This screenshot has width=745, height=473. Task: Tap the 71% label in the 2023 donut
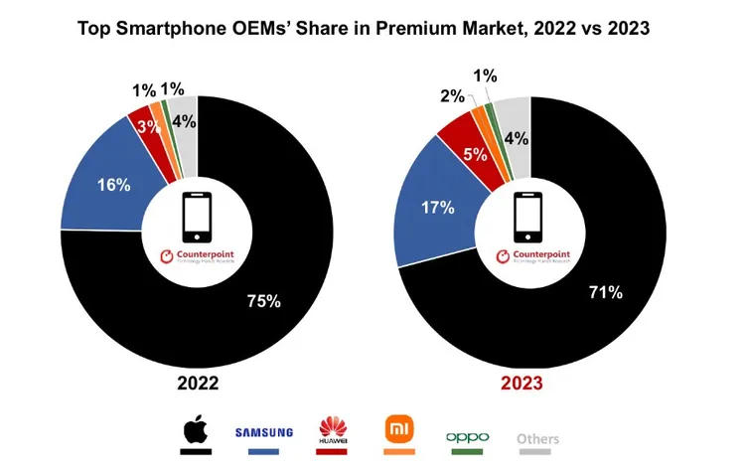605,292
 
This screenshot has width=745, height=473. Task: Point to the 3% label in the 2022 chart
148,126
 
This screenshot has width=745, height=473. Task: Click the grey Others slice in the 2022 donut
185,121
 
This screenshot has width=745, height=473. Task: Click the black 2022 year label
198,384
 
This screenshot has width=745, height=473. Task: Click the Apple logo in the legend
196,431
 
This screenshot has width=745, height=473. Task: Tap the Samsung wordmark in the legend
264,431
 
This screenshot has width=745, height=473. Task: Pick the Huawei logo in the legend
333,430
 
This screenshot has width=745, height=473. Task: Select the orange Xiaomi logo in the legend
398,429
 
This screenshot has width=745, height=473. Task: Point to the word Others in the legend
537,438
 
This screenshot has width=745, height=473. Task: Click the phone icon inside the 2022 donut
198,216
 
